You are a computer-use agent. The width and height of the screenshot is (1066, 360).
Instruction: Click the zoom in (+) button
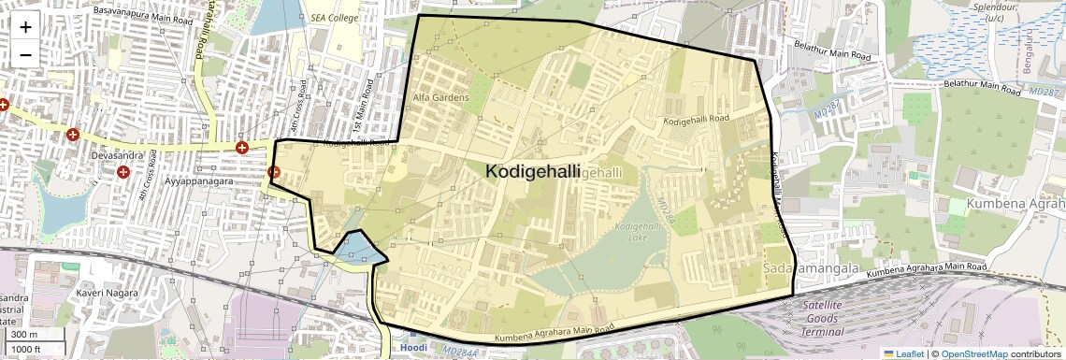25,26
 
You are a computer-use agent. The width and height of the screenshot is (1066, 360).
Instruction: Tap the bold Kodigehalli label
533,172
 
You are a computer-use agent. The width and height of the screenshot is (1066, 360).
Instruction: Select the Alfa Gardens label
440,97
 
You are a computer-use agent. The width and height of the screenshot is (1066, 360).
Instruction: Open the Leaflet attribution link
902,353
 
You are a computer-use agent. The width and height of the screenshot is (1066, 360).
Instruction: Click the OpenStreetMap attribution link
974,353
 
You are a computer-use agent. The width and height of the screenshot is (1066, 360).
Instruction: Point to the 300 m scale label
25,334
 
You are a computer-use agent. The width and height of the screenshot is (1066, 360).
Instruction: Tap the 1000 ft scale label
28,350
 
